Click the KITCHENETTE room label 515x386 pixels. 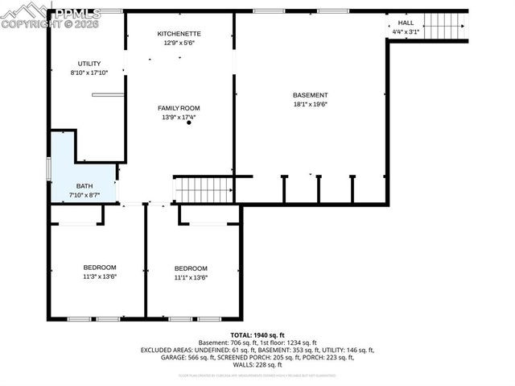click(x=179, y=33)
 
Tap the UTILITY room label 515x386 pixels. click(x=89, y=63)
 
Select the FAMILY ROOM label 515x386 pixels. click(x=179, y=108)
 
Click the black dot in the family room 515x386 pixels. click(x=189, y=122)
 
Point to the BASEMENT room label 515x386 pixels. click(x=310, y=95)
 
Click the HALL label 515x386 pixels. click(x=406, y=23)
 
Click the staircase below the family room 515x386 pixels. click(x=204, y=190)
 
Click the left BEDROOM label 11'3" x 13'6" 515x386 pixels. click(x=100, y=268)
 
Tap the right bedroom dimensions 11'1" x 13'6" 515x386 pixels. click(x=191, y=277)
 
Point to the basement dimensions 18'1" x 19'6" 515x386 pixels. click(x=310, y=104)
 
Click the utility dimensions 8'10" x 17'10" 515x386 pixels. click(x=89, y=72)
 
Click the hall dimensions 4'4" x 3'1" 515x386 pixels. click(x=406, y=31)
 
